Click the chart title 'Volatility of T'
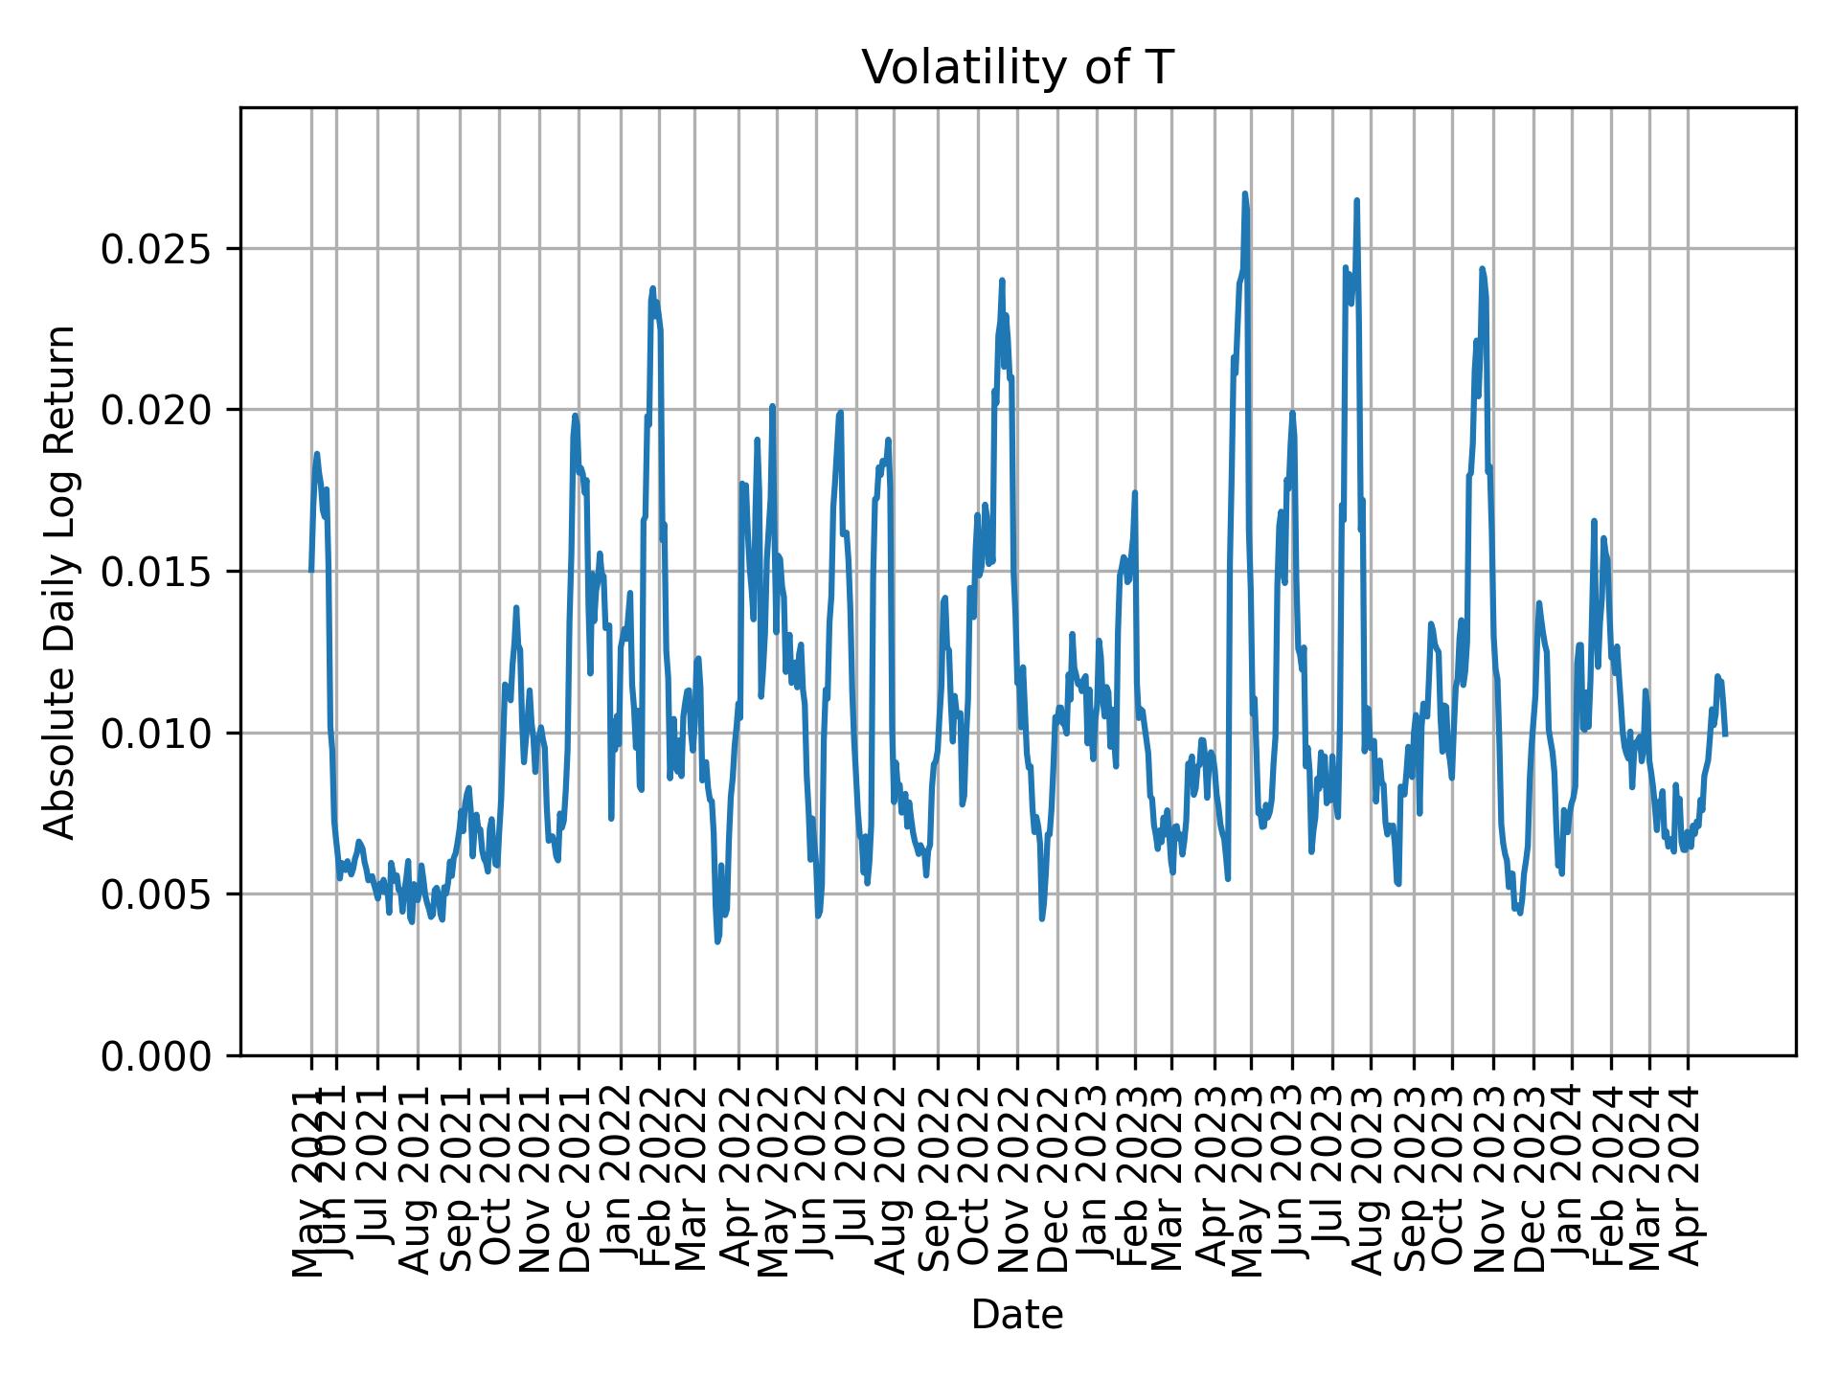[x=1017, y=68]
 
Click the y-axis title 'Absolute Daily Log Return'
[x=61, y=581]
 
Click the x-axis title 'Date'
[x=1017, y=1315]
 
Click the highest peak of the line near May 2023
[x=1245, y=193]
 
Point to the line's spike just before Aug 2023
[x=1356, y=200]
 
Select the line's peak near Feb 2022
[x=652, y=287]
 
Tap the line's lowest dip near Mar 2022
[x=717, y=942]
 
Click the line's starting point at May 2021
[x=311, y=571]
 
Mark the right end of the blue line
[x=1725, y=735]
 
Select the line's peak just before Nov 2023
[x=1482, y=268]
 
